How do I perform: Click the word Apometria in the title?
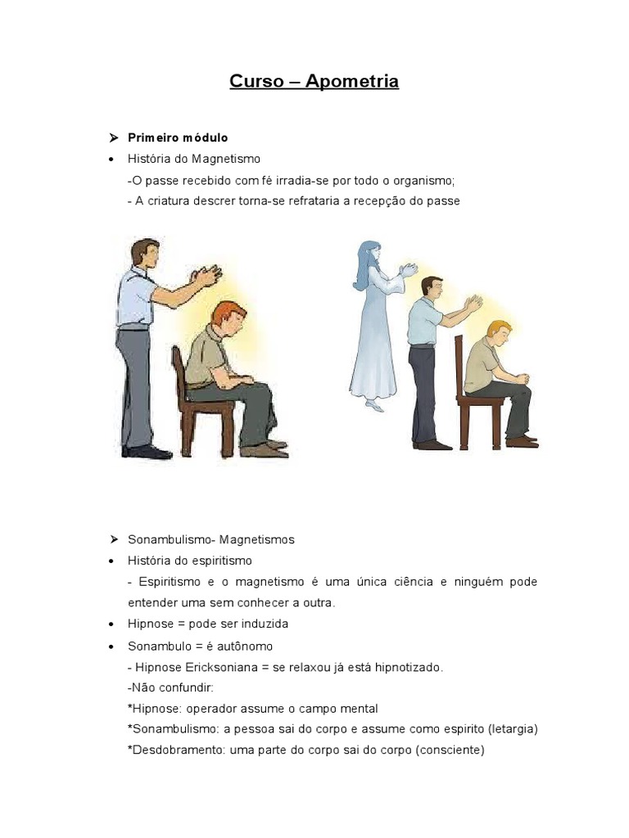[x=352, y=81]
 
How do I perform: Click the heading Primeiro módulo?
[x=178, y=137]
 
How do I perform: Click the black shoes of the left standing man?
[x=147, y=451]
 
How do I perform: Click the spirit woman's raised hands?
[x=407, y=271]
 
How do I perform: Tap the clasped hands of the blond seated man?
[x=522, y=378]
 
